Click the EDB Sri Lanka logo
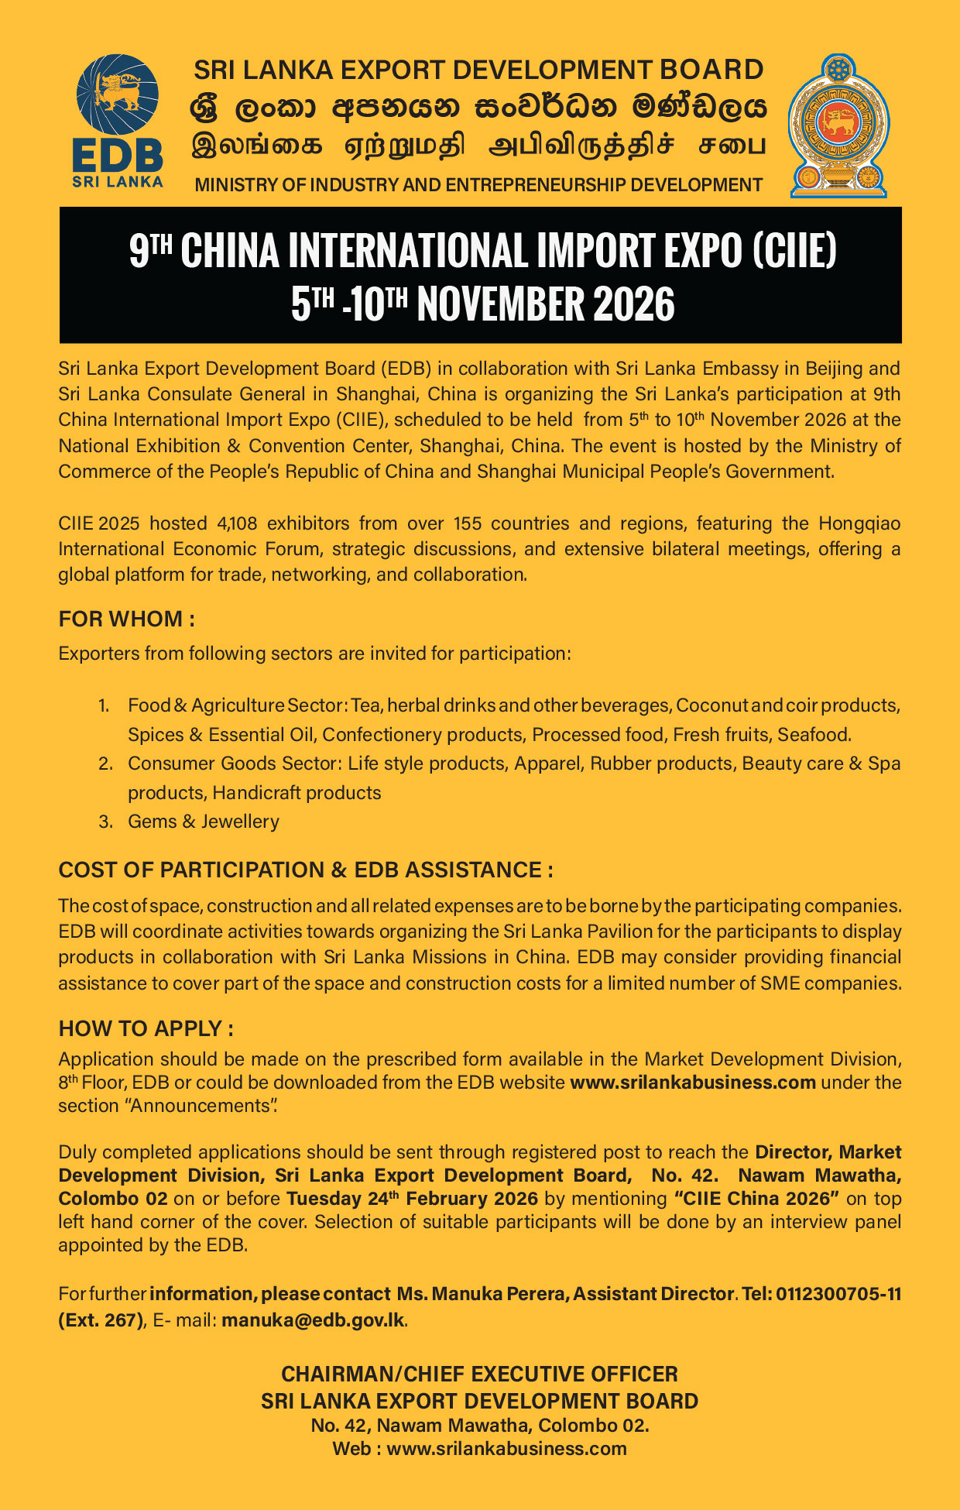118,122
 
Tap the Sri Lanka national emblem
838,125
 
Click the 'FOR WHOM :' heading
126,619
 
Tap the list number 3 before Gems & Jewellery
106,822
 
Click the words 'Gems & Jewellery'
204,822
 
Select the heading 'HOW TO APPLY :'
146,1029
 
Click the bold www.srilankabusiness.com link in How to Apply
692,1083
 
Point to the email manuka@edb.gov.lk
313,1320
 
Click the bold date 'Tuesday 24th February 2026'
412,1199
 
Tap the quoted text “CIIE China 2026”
757,1199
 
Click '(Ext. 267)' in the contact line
100,1320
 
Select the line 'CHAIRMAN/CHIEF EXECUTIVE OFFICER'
479,1374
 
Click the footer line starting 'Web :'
479,1449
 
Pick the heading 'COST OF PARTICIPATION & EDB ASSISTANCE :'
306,870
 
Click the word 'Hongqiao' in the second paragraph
859,523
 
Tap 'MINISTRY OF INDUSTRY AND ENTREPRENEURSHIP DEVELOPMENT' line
478,185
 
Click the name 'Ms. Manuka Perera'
482,1294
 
